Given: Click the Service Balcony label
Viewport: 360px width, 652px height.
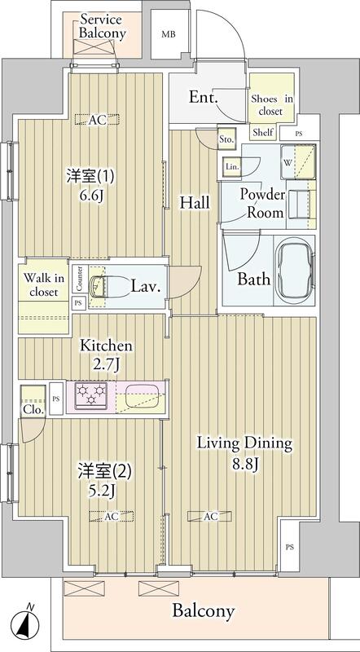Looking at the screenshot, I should (x=100, y=26).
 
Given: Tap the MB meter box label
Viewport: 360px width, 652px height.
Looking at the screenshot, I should (x=168, y=34).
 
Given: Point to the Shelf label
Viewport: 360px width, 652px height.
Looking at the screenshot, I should (x=262, y=132).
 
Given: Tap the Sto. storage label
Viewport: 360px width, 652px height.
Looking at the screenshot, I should (x=227, y=140).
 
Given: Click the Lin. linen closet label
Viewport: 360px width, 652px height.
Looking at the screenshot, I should (x=231, y=167).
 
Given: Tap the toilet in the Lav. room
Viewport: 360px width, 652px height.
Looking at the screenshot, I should (x=98, y=286).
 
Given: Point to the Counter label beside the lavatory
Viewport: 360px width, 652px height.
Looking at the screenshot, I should (x=80, y=280).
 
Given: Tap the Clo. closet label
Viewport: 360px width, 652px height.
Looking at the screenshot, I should (x=33, y=410).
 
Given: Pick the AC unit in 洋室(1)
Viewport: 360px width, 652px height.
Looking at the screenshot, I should (x=98, y=119).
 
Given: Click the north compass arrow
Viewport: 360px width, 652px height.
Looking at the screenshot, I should (x=30, y=623).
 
